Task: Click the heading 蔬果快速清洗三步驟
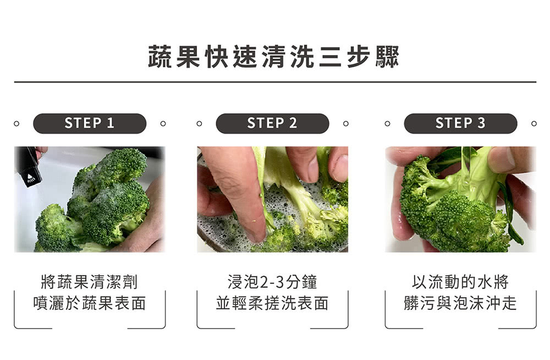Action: pos(273,57)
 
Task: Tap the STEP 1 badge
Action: pos(90,123)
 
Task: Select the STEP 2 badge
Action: pos(272,123)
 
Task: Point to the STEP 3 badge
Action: pos(460,123)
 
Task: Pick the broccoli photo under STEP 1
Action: pos(90,199)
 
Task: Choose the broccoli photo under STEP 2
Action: pos(272,199)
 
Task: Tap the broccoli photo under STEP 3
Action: pos(460,199)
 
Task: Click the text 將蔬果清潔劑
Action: pos(90,282)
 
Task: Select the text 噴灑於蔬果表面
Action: pos(90,303)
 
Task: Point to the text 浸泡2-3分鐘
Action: pos(272,282)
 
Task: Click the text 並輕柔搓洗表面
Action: pos(272,303)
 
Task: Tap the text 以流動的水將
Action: pos(460,282)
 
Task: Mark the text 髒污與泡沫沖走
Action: pos(460,303)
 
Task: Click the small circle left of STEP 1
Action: pos(17,123)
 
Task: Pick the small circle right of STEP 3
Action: pos(533,123)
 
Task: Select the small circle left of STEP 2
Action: pos(199,123)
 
